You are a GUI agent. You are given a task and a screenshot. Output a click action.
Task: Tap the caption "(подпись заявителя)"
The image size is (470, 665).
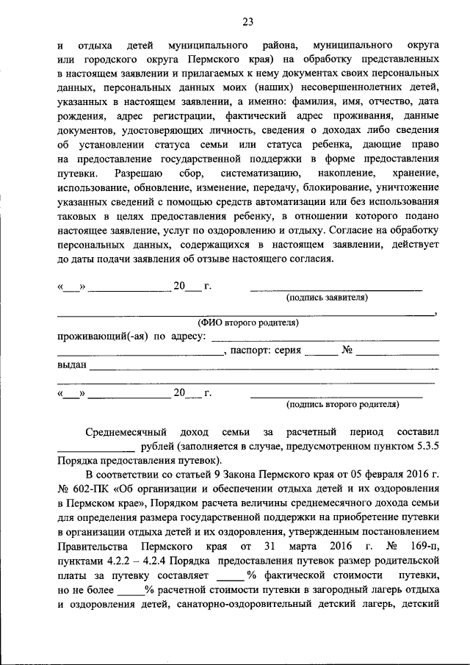tap(327, 298)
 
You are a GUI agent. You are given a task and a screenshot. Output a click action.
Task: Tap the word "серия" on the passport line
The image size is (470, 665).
tap(287, 351)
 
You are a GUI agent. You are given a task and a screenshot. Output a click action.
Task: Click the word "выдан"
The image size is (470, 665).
tap(71, 364)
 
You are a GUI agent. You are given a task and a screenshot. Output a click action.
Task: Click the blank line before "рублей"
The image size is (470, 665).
tap(95, 449)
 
